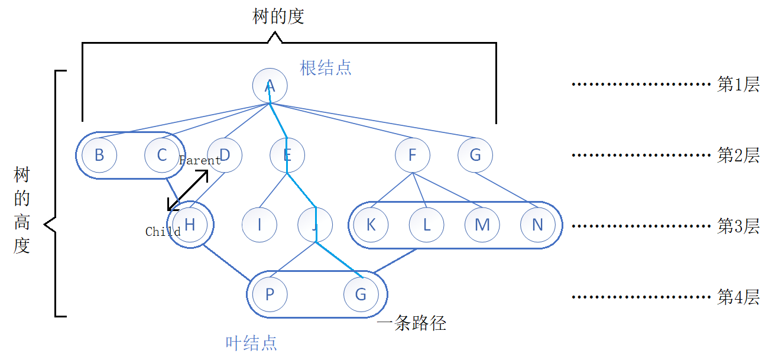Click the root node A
pyautogui.click(x=270, y=86)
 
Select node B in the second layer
pyautogui.click(x=99, y=155)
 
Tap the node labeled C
pyautogui.click(x=162, y=155)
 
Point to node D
pyautogui.click(x=225, y=155)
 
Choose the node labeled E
pyautogui.click(x=287, y=155)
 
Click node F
pyautogui.click(x=413, y=155)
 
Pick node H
pyautogui.click(x=190, y=225)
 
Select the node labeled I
pyautogui.click(x=260, y=225)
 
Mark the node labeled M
pyautogui.click(x=482, y=225)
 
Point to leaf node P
pyautogui.click(x=270, y=294)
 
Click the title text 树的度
pyautogui.click(x=278, y=17)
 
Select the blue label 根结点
pyautogui.click(x=326, y=67)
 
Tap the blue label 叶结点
pyautogui.click(x=251, y=343)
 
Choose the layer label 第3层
pyautogui.click(x=738, y=226)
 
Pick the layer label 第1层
pyautogui.click(x=738, y=85)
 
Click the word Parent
pyautogui.click(x=200, y=161)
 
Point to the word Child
pyautogui.click(x=163, y=232)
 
